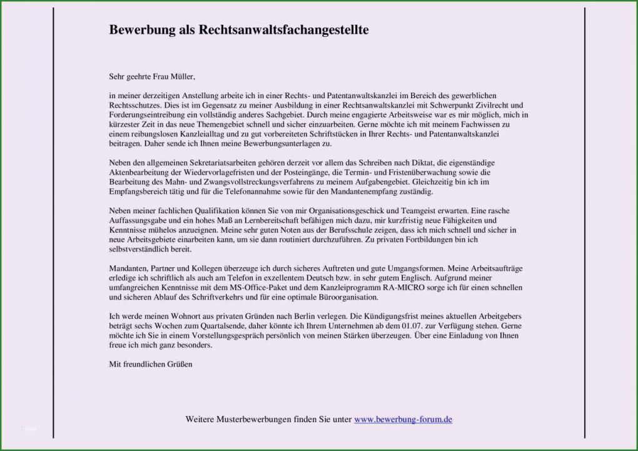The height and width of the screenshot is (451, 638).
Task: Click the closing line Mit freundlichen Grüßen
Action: (150, 364)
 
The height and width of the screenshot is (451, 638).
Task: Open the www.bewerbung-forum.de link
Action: (403, 420)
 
